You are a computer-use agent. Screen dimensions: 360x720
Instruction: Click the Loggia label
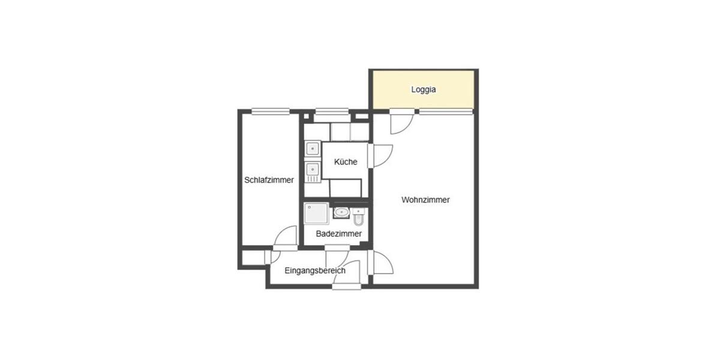(423, 90)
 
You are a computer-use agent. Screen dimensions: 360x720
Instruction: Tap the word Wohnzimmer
(425, 200)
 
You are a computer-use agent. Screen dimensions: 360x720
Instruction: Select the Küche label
(346, 162)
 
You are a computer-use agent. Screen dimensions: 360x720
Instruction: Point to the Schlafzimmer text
(269, 180)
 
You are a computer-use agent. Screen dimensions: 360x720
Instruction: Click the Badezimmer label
(338, 233)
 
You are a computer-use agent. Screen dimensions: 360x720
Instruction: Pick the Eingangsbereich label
(315, 271)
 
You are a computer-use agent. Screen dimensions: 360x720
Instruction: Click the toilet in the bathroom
(359, 215)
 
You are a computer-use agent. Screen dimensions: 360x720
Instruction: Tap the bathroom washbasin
(341, 212)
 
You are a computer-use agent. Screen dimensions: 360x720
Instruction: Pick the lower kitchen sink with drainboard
(312, 172)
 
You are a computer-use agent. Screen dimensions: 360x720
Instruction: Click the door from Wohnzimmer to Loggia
(400, 122)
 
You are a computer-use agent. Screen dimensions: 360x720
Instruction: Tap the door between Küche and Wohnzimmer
(380, 156)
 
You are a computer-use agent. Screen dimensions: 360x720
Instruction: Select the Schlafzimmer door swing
(286, 237)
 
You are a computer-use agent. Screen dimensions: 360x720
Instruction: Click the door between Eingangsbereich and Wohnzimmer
(381, 262)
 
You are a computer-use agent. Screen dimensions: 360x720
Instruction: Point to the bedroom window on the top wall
(271, 110)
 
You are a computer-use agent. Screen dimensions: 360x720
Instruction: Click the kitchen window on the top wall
(332, 110)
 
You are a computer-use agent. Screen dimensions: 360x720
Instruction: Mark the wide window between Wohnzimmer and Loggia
(445, 110)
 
